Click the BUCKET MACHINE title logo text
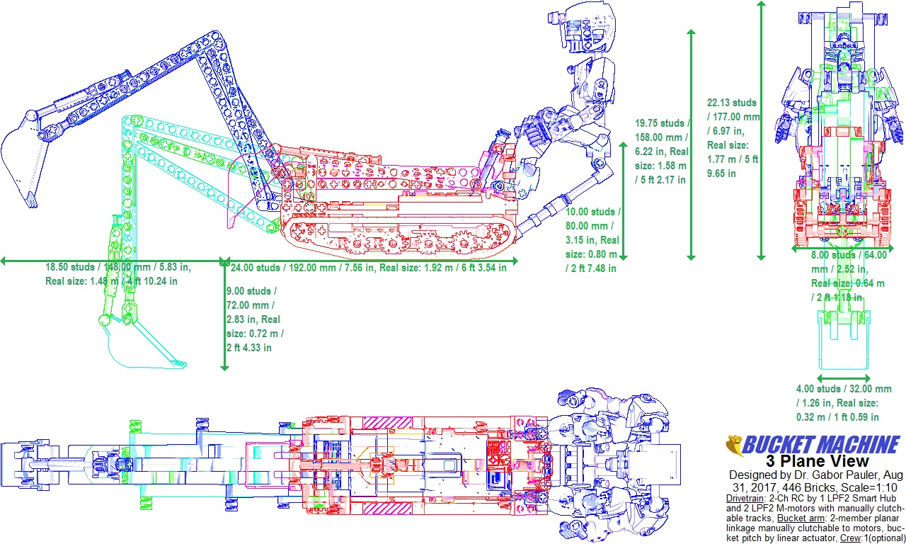(x=821, y=446)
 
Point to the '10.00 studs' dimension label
(x=593, y=212)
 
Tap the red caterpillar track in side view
(x=396, y=237)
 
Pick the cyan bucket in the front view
(x=842, y=340)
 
